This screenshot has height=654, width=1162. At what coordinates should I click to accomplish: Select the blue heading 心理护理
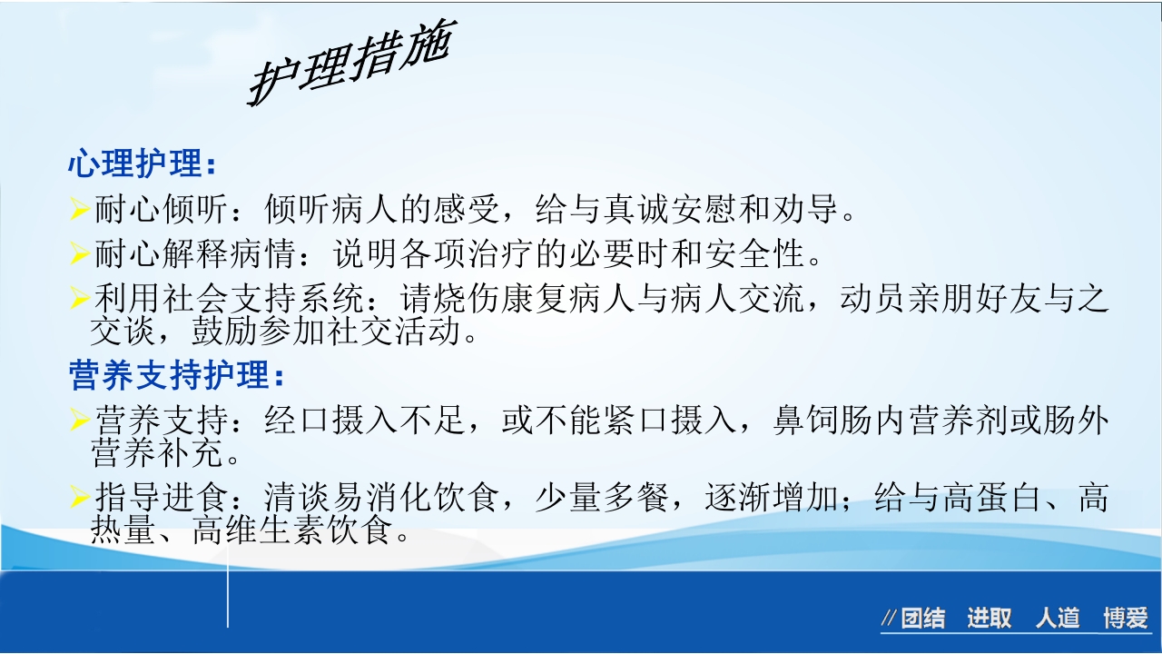click(x=141, y=166)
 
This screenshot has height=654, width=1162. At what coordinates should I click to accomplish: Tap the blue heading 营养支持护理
click(x=175, y=374)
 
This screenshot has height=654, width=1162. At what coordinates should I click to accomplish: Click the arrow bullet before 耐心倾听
click(x=79, y=212)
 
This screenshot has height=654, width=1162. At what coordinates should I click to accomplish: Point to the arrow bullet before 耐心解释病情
click(x=79, y=254)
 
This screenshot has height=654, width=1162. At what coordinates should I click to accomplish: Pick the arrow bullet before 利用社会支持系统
click(x=79, y=297)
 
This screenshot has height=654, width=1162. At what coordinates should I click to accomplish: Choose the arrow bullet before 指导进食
click(x=79, y=496)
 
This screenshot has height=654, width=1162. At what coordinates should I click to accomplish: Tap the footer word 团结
click(x=922, y=619)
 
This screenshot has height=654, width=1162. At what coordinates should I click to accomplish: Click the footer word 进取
click(x=989, y=619)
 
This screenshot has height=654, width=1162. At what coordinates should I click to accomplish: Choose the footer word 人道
click(x=1058, y=619)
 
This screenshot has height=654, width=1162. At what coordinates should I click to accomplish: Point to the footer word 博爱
click(x=1126, y=619)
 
